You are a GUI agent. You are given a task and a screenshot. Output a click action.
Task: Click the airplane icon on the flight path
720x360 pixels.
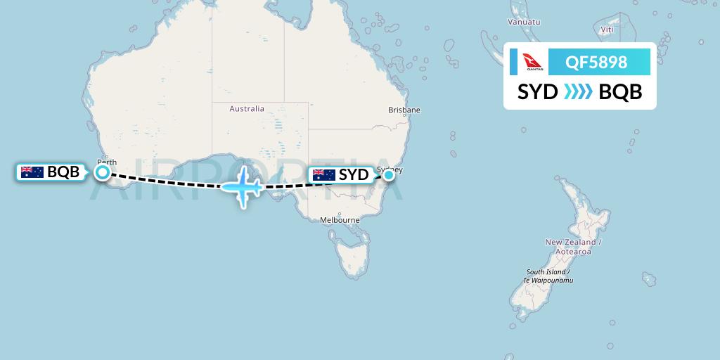(242, 186)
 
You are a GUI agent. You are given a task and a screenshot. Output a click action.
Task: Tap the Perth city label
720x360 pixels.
(106, 160)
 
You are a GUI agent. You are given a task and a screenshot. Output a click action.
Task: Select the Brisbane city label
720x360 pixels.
(404, 110)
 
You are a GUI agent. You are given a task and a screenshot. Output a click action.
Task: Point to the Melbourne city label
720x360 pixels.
(340, 220)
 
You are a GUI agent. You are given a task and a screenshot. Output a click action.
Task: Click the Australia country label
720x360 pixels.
(247, 109)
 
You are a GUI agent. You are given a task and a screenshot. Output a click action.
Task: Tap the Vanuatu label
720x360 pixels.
(524, 22)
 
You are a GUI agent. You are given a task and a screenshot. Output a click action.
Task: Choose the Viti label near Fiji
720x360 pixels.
(607, 30)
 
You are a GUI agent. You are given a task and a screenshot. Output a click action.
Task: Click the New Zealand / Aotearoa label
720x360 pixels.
(570, 246)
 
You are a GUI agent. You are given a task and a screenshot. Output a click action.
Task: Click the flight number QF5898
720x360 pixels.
(596, 63)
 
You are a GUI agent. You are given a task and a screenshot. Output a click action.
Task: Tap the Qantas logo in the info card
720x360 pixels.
(534, 63)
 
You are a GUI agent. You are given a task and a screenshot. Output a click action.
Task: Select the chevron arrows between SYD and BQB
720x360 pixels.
(578, 92)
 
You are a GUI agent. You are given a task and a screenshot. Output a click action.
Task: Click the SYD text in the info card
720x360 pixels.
(538, 92)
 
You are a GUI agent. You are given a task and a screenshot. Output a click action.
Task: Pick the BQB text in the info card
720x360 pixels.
(620, 92)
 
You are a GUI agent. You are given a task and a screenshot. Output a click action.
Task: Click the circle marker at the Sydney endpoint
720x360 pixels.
(388, 175)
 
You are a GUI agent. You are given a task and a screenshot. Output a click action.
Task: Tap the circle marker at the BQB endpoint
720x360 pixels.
(103, 172)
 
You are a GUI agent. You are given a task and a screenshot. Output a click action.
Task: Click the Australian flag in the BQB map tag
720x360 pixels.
(32, 172)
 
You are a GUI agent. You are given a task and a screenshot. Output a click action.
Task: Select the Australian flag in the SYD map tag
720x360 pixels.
(324, 175)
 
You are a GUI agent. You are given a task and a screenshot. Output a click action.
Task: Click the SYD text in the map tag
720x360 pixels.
(354, 175)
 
